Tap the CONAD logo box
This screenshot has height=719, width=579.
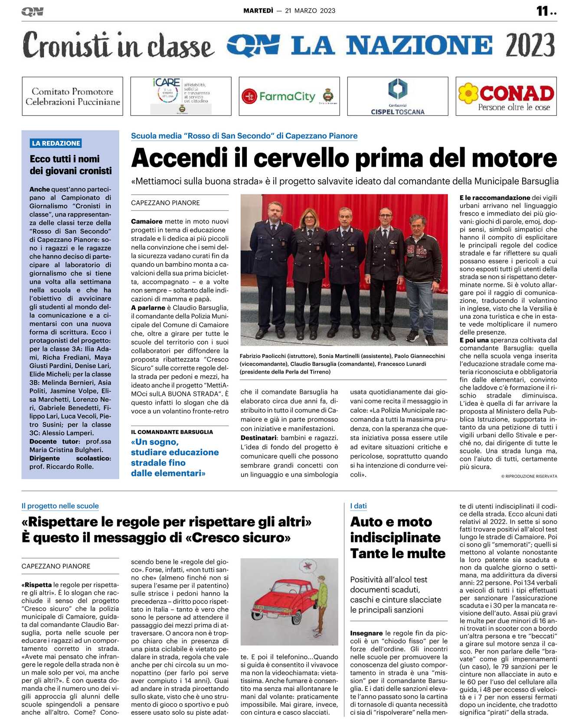click(x=506, y=96)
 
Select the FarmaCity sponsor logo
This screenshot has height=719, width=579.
click(x=289, y=96)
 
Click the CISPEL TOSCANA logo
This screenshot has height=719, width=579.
click(x=398, y=96)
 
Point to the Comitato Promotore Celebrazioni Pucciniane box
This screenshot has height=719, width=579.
click(x=72, y=96)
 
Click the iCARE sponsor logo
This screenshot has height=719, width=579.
click(x=181, y=96)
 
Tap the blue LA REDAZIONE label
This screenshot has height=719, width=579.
click(x=56, y=143)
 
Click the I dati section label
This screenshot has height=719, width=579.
click(x=358, y=506)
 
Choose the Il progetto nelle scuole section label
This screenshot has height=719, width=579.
click(x=60, y=506)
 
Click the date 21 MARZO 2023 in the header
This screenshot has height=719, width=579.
click(x=310, y=11)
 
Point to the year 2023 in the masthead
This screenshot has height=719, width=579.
click(x=530, y=45)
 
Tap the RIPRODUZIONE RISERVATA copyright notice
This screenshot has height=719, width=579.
click(x=529, y=476)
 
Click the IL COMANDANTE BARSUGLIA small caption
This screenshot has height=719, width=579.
click(x=172, y=432)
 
